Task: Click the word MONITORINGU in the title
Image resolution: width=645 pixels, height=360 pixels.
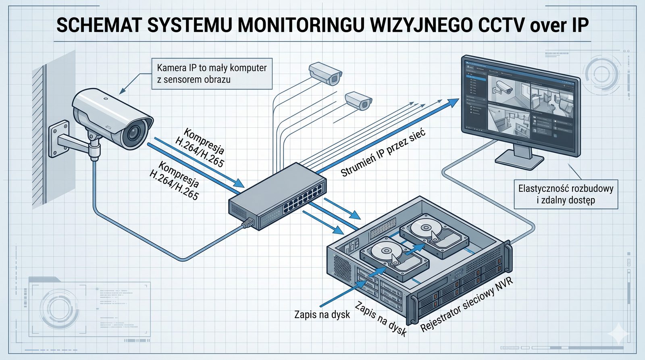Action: point(300,25)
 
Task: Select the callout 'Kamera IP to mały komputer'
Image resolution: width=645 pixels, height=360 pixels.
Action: point(212,73)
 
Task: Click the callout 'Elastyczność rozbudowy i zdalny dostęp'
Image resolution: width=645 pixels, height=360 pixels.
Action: point(566,194)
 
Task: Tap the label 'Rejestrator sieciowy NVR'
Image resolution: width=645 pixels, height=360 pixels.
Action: point(466,304)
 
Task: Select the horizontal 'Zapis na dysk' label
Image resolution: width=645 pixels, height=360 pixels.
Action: point(322,314)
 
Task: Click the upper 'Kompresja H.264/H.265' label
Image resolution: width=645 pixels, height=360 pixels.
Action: point(200,147)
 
